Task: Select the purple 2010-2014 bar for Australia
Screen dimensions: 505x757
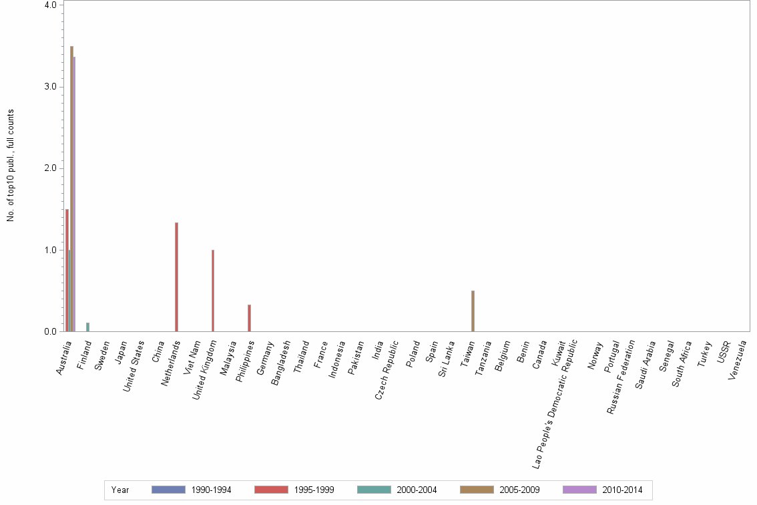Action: point(74,194)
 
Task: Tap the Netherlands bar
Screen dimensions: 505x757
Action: point(176,277)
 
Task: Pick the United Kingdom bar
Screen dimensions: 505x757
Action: point(213,291)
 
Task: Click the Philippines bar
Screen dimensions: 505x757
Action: point(249,318)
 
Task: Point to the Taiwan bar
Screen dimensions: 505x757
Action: point(473,311)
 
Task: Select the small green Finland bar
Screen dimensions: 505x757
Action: point(87,327)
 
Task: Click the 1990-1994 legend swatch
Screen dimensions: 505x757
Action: point(168,490)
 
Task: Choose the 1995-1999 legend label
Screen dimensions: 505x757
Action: point(314,490)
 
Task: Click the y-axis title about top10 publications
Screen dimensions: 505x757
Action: point(11,166)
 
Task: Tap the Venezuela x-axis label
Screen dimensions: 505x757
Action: point(738,359)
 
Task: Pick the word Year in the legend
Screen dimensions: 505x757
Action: point(120,490)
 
